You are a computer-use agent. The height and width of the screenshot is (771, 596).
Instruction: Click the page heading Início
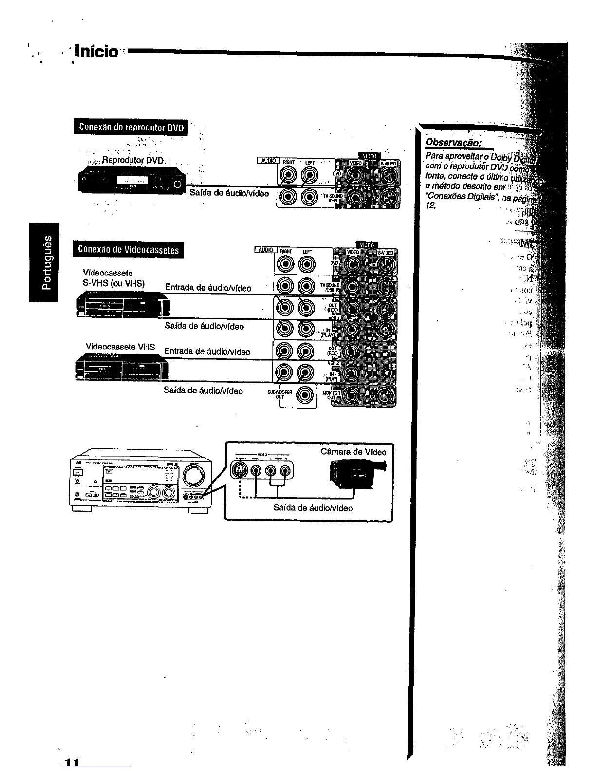pyautogui.click(x=100, y=52)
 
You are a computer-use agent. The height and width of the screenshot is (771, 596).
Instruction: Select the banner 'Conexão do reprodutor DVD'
pyautogui.click(x=131, y=127)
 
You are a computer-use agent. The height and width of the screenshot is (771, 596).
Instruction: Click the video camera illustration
pyautogui.click(x=357, y=471)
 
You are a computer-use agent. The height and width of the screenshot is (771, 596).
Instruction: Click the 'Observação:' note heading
pyautogui.click(x=453, y=143)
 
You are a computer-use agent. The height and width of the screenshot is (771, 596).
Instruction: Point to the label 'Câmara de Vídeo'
pyautogui.click(x=353, y=452)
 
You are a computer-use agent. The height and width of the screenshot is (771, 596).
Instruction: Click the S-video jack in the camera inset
pyautogui.click(x=240, y=470)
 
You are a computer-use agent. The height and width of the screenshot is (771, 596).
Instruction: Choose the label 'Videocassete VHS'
pyautogui.click(x=120, y=347)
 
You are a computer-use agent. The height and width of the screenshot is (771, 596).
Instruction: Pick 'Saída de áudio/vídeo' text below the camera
pyautogui.click(x=313, y=508)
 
